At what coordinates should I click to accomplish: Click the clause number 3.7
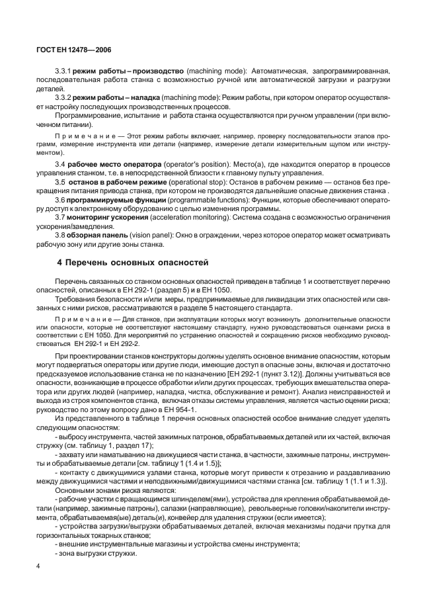[x=60, y=218]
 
